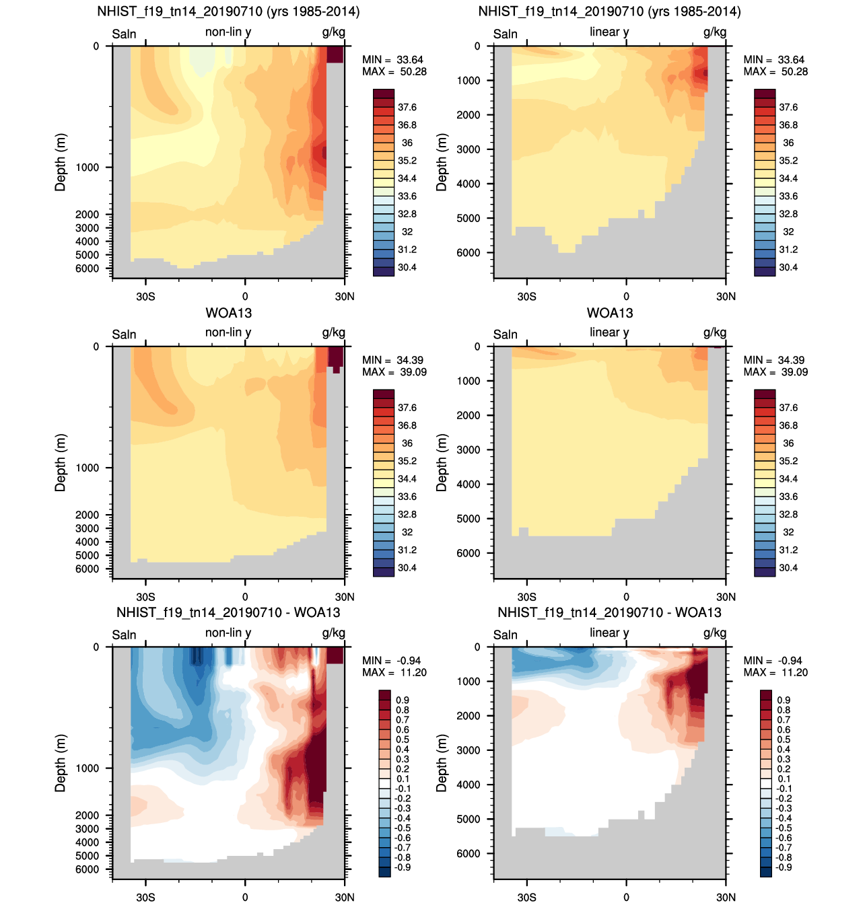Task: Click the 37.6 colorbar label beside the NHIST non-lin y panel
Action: tap(407, 108)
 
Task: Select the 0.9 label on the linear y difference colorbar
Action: tap(784, 700)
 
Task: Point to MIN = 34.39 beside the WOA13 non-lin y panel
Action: tap(392, 361)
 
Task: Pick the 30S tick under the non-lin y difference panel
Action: tap(145, 897)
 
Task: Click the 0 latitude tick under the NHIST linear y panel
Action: tap(626, 296)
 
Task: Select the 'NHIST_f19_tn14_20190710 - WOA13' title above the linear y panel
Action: tap(609, 613)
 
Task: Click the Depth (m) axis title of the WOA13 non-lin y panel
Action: tap(61, 463)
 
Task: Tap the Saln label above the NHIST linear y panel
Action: tap(505, 34)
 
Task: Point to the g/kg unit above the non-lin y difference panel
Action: tap(333, 633)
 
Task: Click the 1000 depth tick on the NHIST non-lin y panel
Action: tap(87, 168)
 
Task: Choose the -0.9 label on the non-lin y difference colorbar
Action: tap(402, 867)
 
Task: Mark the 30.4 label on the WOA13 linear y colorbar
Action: tap(788, 568)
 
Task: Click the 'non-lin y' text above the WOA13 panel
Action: tap(228, 332)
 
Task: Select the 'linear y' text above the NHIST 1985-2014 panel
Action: tap(609, 32)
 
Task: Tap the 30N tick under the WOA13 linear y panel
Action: tap(726, 597)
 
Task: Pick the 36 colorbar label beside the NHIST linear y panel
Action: tap(788, 143)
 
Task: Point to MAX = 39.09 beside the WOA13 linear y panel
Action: tap(775, 372)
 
